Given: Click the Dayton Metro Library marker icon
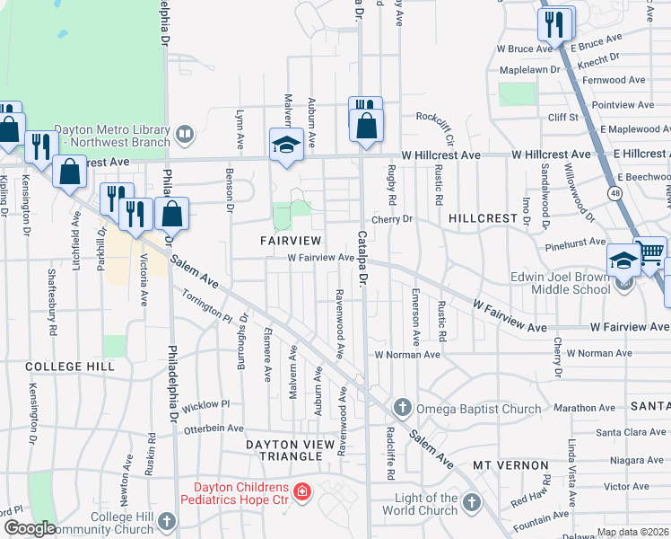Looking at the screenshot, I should [x=185, y=135].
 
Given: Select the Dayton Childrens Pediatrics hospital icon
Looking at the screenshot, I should [x=302, y=491].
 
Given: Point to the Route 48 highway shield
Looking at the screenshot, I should [x=614, y=193].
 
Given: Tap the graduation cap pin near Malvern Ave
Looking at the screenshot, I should [x=286, y=145].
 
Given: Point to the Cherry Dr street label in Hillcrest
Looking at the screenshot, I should [x=391, y=219].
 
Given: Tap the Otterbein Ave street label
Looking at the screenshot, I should [x=213, y=429].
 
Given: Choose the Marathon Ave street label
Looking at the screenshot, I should [x=585, y=407].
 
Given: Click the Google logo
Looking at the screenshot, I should [x=29, y=529].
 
